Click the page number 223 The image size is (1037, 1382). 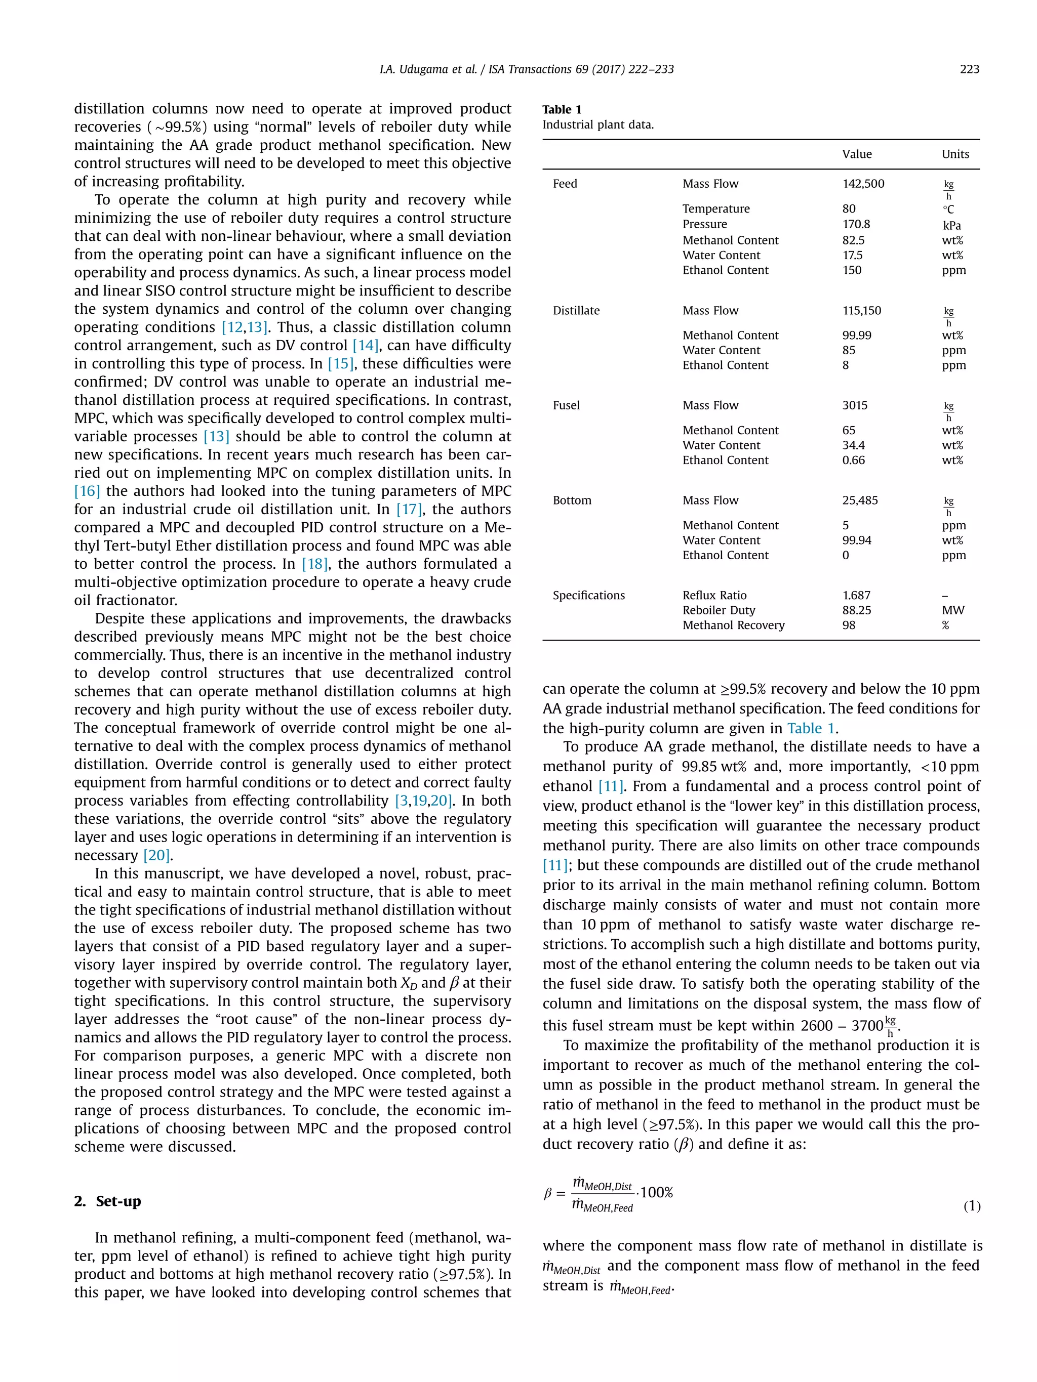tap(969, 69)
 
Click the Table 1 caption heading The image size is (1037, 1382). tap(562, 109)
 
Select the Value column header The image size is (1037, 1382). tap(856, 154)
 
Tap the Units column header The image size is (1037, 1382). tap(955, 154)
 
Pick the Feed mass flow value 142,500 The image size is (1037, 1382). tap(863, 184)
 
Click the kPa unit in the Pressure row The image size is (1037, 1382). tap(951, 225)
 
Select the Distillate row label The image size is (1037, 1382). tap(576, 311)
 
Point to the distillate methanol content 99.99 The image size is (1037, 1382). tap(856, 336)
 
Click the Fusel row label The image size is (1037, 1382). tap(566, 405)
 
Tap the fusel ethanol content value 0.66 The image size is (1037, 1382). tap(853, 460)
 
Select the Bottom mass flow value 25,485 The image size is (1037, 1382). tap(859, 500)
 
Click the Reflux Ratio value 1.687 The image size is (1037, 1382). tap(856, 596)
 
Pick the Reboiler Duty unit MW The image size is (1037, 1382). tap(952, 610)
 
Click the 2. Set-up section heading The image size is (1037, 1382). tap(107, 1201)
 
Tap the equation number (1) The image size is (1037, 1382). tap(971, 1206)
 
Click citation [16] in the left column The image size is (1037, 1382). tap(87, 491)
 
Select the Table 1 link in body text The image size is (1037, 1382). tap(811, 729)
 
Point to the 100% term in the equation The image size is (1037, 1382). tap(656, 1192)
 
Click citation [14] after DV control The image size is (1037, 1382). tap(365, 346)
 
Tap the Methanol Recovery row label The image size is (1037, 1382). tap(733, 625)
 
